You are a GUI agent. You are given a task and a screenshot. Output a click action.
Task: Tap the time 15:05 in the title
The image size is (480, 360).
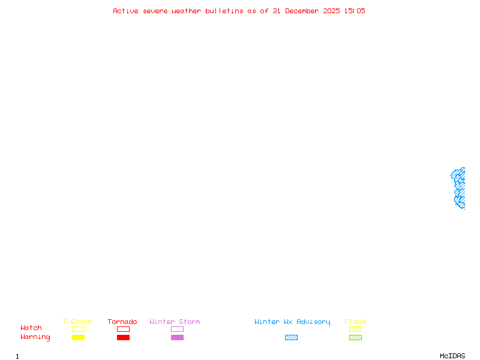(353, 11)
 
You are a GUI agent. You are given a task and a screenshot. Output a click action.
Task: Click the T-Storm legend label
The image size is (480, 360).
(77, 322)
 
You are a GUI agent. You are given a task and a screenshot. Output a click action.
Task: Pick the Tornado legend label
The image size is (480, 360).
(122, 322)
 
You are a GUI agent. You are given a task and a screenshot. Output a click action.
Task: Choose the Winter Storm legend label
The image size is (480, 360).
(175, 322)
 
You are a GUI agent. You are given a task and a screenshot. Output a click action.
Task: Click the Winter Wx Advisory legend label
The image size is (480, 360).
(292, 322)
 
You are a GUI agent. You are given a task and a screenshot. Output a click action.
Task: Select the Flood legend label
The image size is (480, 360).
(355, 322)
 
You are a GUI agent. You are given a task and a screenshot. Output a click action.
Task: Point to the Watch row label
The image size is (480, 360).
(31, 328)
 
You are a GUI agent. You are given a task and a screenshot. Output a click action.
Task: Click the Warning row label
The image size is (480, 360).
(35, 337)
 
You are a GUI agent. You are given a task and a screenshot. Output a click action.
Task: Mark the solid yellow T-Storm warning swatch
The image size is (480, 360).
(78, 338)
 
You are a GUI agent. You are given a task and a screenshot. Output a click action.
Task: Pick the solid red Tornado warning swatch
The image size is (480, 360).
(123, 338)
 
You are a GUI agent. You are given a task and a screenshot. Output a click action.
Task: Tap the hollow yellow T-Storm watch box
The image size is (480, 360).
(78, 329)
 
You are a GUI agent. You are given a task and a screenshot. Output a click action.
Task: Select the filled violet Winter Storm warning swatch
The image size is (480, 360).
(177, 338)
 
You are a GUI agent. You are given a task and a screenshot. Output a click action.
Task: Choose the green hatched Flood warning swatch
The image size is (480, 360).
(355, 338)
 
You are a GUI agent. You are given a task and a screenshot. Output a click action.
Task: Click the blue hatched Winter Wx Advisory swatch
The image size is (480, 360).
(291, 338)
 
